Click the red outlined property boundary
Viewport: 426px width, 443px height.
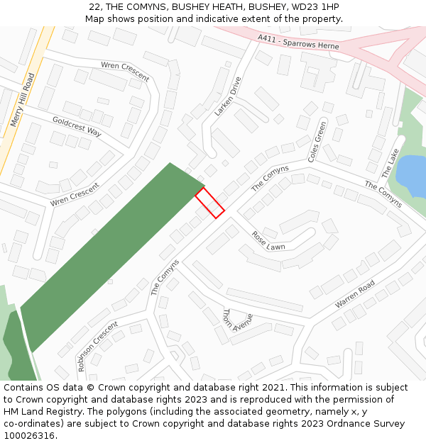tap(209, 202)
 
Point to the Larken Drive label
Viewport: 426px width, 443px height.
tap(228, 96)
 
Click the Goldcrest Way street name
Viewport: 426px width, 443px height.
tap(77, 126)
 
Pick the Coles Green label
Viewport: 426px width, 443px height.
tap(317, 142)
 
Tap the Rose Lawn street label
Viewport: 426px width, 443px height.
tap(268, 241)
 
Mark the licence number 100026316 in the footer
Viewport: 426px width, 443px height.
tap(30, 436)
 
